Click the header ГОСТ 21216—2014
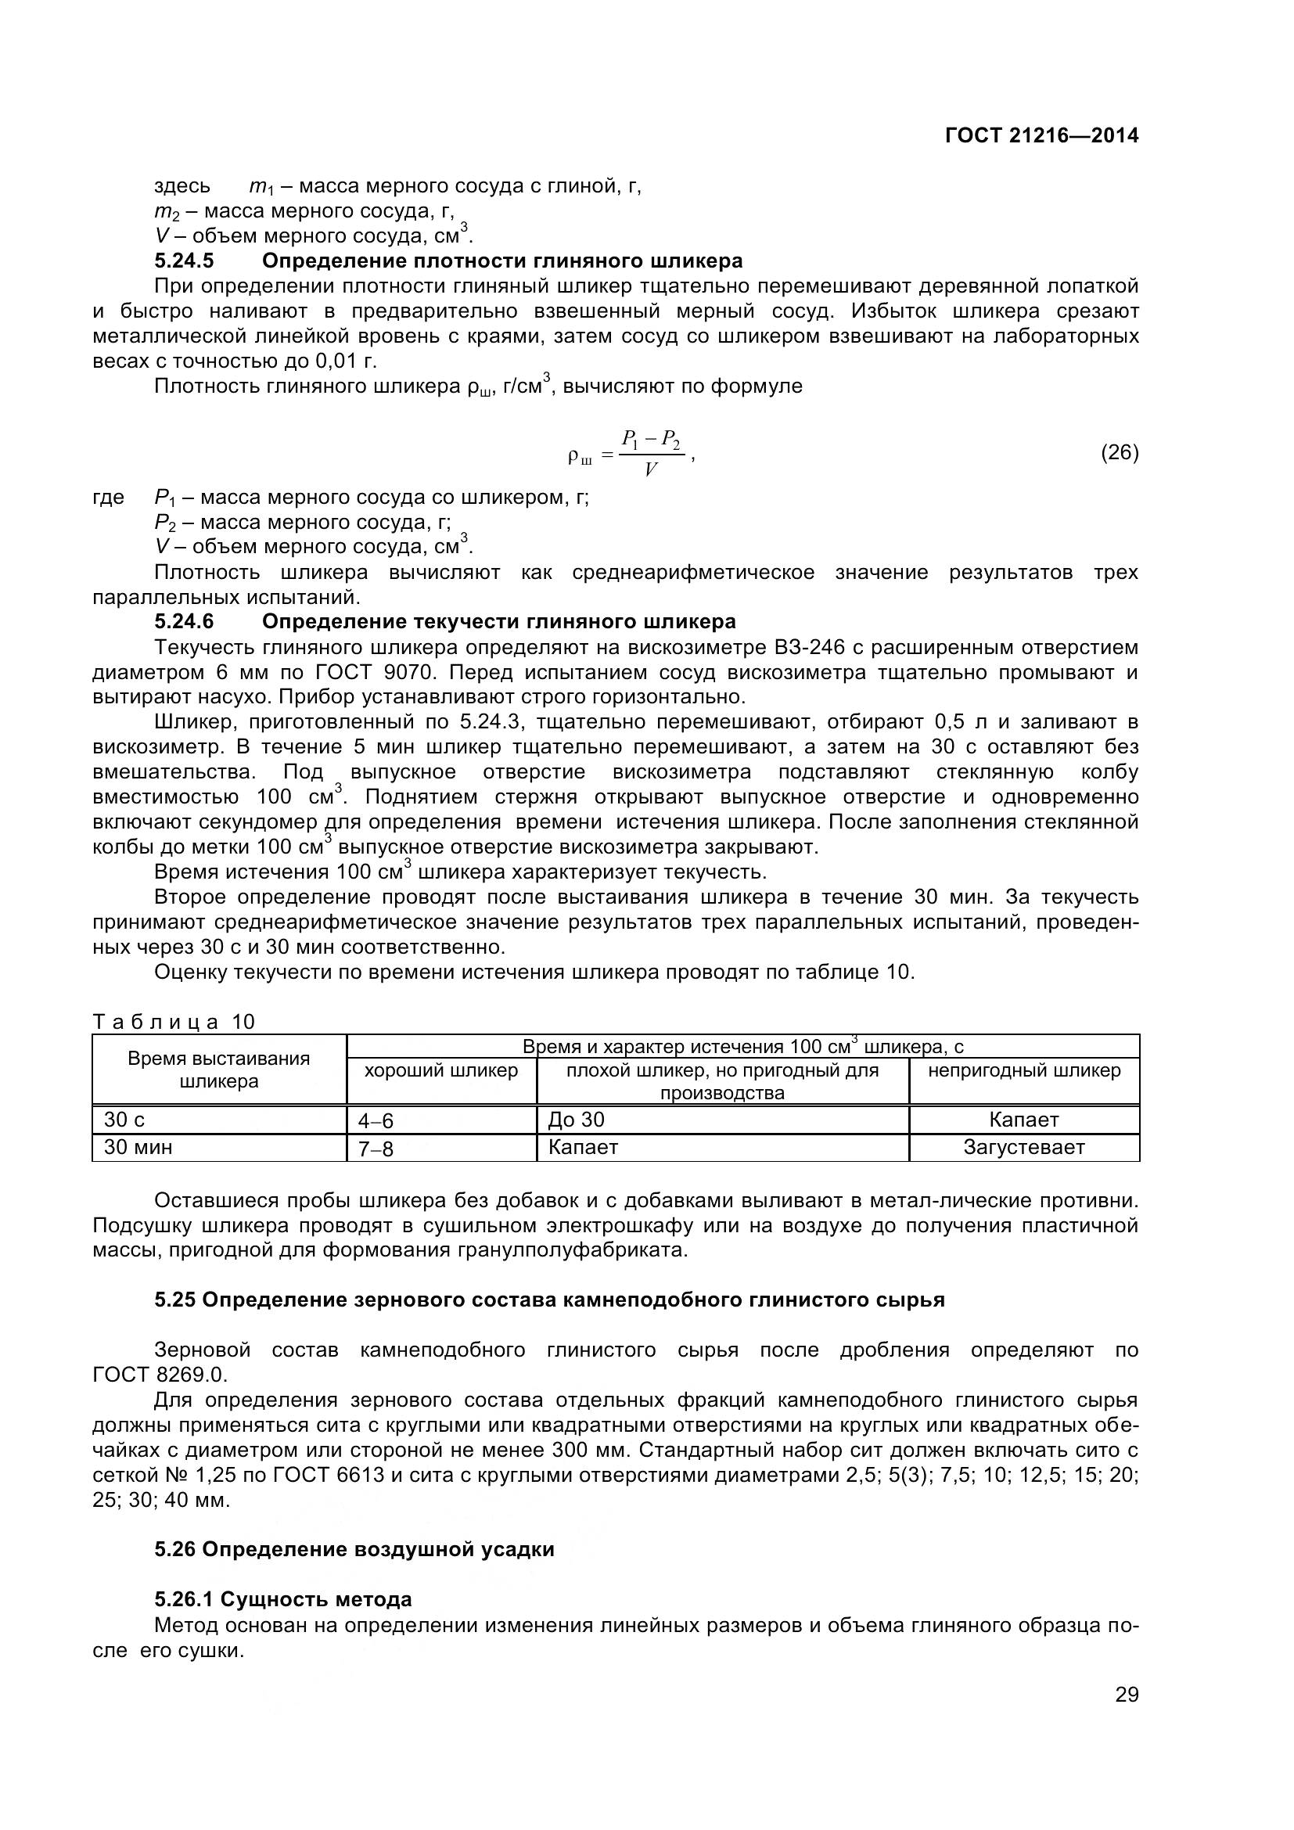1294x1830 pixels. point(1041,135)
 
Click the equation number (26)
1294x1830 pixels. point(1120,453)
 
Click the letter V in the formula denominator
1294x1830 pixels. point(651,469)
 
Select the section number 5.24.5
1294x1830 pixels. point(184,261)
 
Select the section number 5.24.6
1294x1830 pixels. point(184,621)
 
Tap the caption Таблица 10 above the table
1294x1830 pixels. point(174,1022)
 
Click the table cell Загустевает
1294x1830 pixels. point(1024,1147)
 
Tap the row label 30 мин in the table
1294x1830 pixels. point(138,1147)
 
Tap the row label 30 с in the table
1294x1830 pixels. point(124,1120)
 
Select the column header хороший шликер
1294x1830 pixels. point(440,1070)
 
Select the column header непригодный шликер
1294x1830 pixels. point(1024,1070)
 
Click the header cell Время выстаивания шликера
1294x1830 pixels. point(219,1070)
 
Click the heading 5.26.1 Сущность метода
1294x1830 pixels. point(283,1599)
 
